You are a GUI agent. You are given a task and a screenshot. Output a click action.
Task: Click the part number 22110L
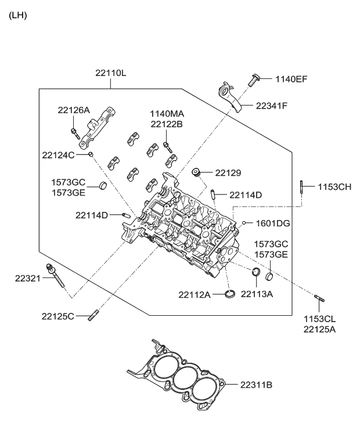(111, 73)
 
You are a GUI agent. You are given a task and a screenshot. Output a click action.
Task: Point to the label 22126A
(74, 110)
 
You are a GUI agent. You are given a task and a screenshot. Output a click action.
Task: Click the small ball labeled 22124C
(91, 154)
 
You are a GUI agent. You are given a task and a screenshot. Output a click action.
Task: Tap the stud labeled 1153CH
(303, 187)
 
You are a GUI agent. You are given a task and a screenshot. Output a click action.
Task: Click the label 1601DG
(273, 223)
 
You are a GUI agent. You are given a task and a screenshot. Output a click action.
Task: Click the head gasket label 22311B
(257, 384)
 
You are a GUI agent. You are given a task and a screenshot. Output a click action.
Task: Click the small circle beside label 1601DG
(245, 223)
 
